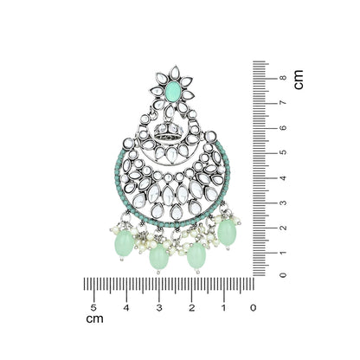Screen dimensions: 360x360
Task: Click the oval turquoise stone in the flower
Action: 174,91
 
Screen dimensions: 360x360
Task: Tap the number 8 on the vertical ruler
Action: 283,78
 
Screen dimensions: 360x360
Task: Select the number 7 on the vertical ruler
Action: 283,103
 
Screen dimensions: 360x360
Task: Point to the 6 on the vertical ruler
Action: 283,127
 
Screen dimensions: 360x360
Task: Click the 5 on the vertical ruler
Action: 283,152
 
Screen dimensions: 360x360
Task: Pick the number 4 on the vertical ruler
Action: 283,177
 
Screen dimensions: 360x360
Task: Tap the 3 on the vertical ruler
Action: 283,202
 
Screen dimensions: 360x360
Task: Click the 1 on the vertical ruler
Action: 283,253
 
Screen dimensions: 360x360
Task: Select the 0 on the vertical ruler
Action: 283,275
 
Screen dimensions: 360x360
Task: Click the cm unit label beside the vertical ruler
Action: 299,80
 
